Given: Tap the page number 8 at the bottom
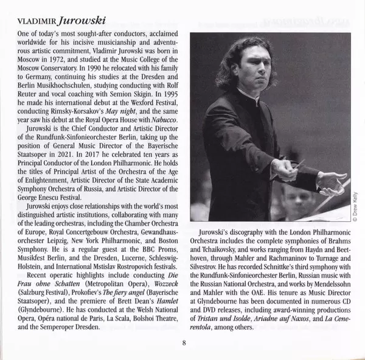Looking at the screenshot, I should (184, 341).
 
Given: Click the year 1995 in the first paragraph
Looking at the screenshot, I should (165, 99).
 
